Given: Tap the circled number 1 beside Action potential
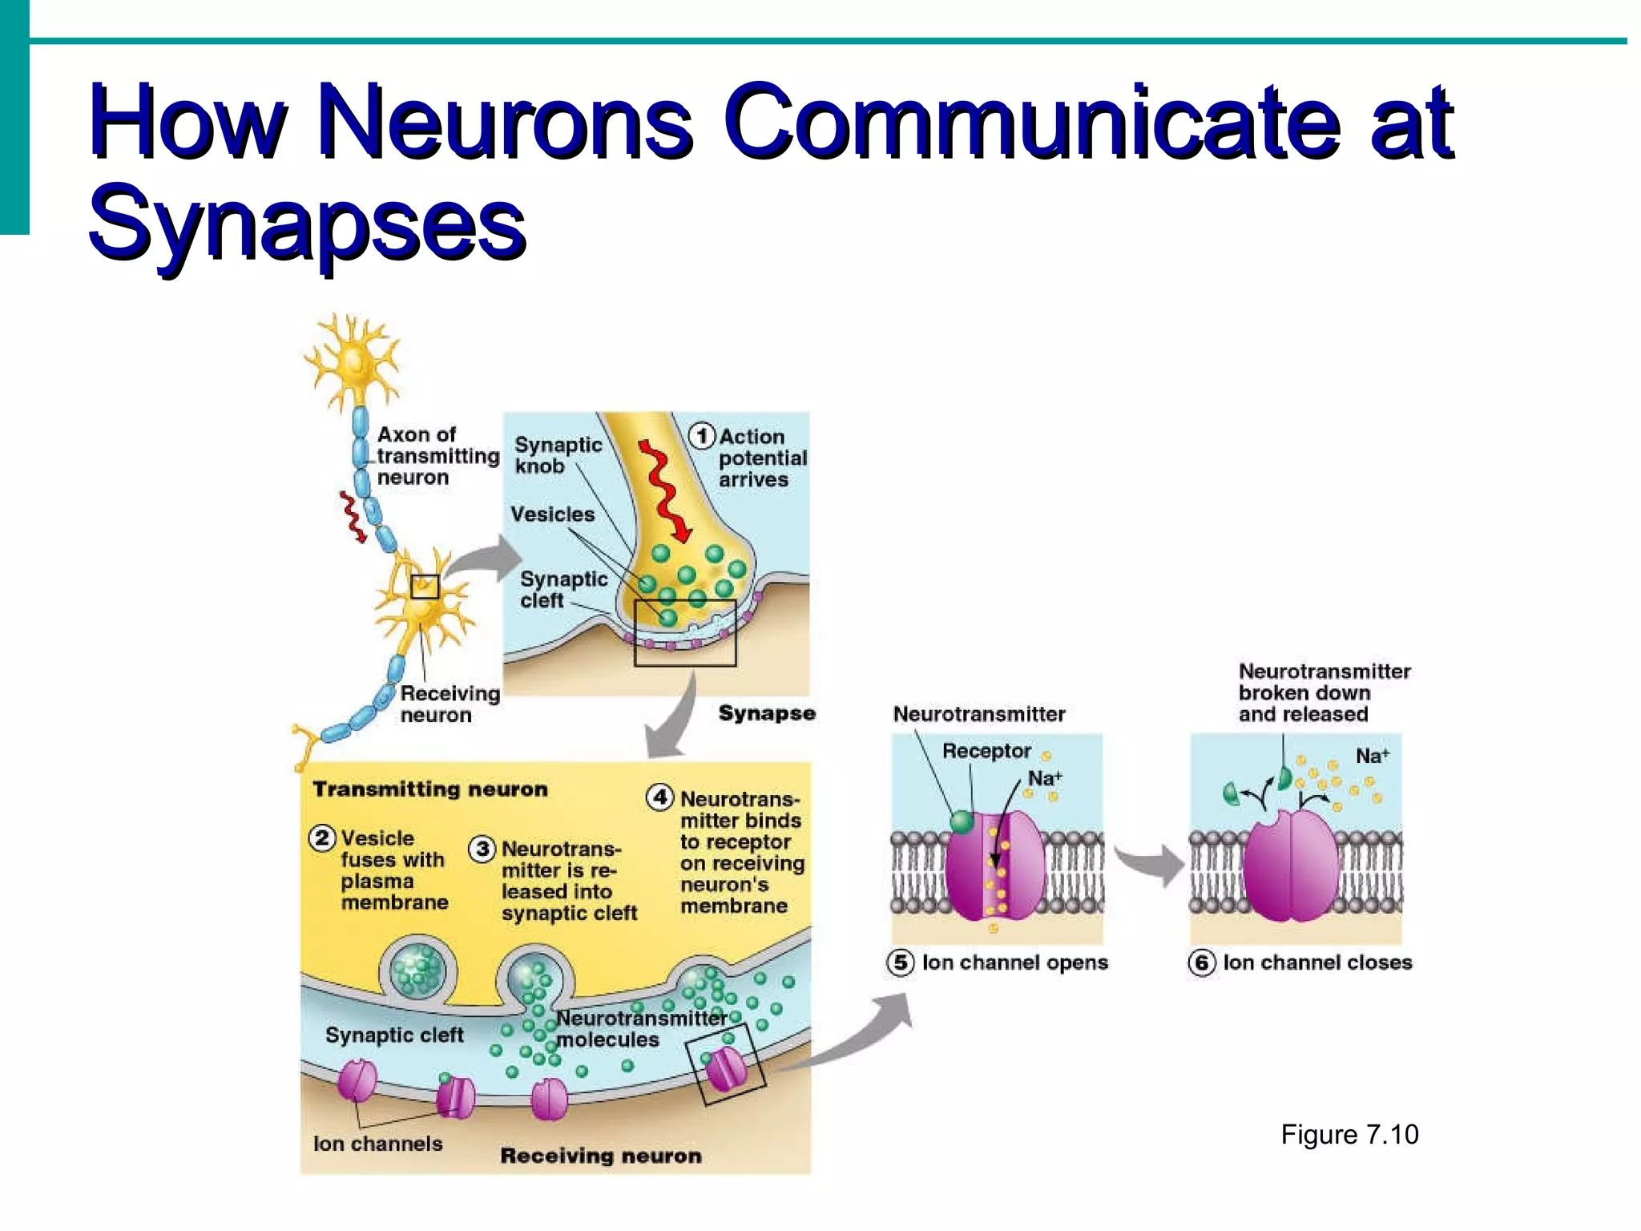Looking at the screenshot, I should pos(702,436).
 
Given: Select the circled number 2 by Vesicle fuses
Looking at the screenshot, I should pos(321,838).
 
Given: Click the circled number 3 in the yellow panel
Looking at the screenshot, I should pos(482,849).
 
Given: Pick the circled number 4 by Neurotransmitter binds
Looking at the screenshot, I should pos(659,797).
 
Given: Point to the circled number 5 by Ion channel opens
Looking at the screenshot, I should pos(900,963).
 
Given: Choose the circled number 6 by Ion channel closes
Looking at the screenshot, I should pos(1201,963).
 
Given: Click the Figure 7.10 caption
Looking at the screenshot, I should pos(1349,1135).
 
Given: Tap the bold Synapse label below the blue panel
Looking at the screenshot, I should pos(767,713).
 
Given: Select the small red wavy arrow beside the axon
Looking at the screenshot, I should pos(352,517).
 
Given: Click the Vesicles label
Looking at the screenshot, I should pos(553,515).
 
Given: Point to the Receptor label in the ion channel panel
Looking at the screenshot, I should pos(986,751).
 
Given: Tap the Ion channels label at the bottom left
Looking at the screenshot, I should pos(377,1144).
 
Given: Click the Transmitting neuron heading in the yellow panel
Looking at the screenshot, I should pos(430,789).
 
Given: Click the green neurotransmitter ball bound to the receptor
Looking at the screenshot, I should pos(962,821).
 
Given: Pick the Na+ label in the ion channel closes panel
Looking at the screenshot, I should pos(1372,756).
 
